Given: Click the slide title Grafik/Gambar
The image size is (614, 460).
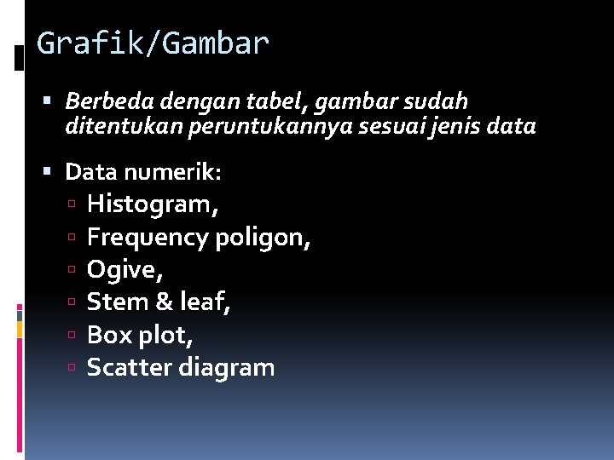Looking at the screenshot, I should point(153,43).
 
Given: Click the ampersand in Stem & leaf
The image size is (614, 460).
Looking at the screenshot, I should point(163,302).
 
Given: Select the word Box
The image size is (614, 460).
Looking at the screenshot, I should point(108,335).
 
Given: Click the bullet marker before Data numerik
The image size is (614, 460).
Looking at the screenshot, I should point(54,173).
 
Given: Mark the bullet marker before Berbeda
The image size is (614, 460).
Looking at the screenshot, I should point(54,102).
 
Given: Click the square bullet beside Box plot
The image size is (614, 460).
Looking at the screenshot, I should point(75,336).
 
